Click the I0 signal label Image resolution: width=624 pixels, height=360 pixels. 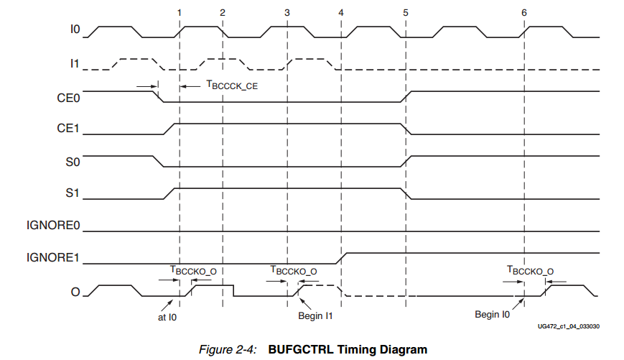(x=75, y=32)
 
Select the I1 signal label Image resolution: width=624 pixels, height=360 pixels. (x=75, y=64)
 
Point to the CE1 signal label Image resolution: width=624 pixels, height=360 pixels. (x=70, y=130)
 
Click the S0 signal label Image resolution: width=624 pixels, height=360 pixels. (x=74, y=162)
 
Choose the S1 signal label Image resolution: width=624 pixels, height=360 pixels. (x=74, y=194)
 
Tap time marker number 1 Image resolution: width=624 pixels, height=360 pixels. (x=179, y=13)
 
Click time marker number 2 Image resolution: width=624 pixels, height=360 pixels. (x=223, y=13)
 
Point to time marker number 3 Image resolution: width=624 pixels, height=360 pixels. (x=287, y=13)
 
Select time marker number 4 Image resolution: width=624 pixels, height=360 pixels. (x=340, y=13)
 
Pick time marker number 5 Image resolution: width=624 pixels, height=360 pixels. (x=406, y=13)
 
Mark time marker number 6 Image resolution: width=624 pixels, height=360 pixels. (x=524, y=13)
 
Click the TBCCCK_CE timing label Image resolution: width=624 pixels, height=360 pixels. (x=231, y=86)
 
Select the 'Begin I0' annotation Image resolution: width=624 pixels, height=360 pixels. (x=492, y=315)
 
